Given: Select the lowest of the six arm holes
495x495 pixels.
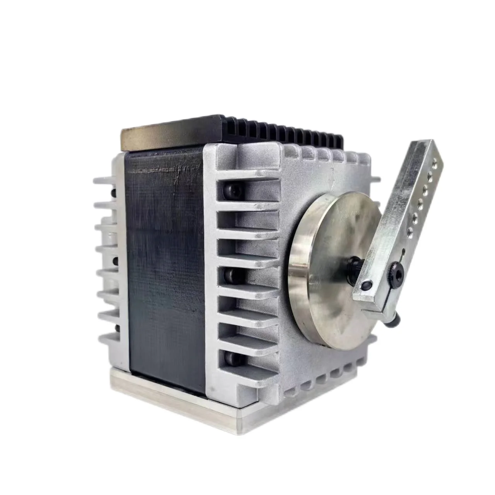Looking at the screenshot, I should click(410, 232).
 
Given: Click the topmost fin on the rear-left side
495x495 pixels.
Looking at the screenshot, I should click(104, 180).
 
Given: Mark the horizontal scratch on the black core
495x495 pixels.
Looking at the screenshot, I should click(166, 169).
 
